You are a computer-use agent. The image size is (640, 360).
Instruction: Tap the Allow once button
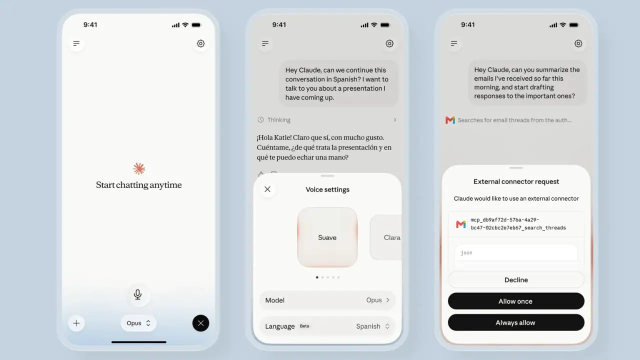click(x=516, y=301)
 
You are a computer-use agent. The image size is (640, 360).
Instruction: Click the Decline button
click(x=516, y=279)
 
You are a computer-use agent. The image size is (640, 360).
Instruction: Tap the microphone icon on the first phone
click(x=137, y=294)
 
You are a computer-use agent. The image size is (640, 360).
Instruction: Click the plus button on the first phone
click(x=76, y=323)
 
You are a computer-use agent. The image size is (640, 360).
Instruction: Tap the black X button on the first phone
click(x=200, y=323)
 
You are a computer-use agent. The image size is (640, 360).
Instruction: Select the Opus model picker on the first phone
click(x=138, y=323)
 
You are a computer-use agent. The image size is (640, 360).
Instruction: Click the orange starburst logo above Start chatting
click(x=139, y=168)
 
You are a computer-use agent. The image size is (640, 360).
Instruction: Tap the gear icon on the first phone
click(x=200, y=43)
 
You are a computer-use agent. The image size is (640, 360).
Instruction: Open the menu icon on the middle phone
click(x=265, y=43)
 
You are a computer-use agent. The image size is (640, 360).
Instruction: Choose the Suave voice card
click(x=327, y=237)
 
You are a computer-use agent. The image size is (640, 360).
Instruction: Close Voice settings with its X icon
click(x=267, y=189)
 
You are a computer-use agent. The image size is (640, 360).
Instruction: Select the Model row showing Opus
click(x=327, y=300)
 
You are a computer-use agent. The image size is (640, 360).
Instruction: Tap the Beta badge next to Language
click(x=304, y=326)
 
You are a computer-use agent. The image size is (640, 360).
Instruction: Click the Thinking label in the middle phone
click(x=279, y=120)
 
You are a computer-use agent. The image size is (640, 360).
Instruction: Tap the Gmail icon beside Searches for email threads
click(x=450, y=120)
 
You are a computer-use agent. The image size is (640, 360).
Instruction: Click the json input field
click(x=516, y=253)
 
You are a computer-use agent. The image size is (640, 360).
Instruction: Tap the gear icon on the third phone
click(x=578, y=43)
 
